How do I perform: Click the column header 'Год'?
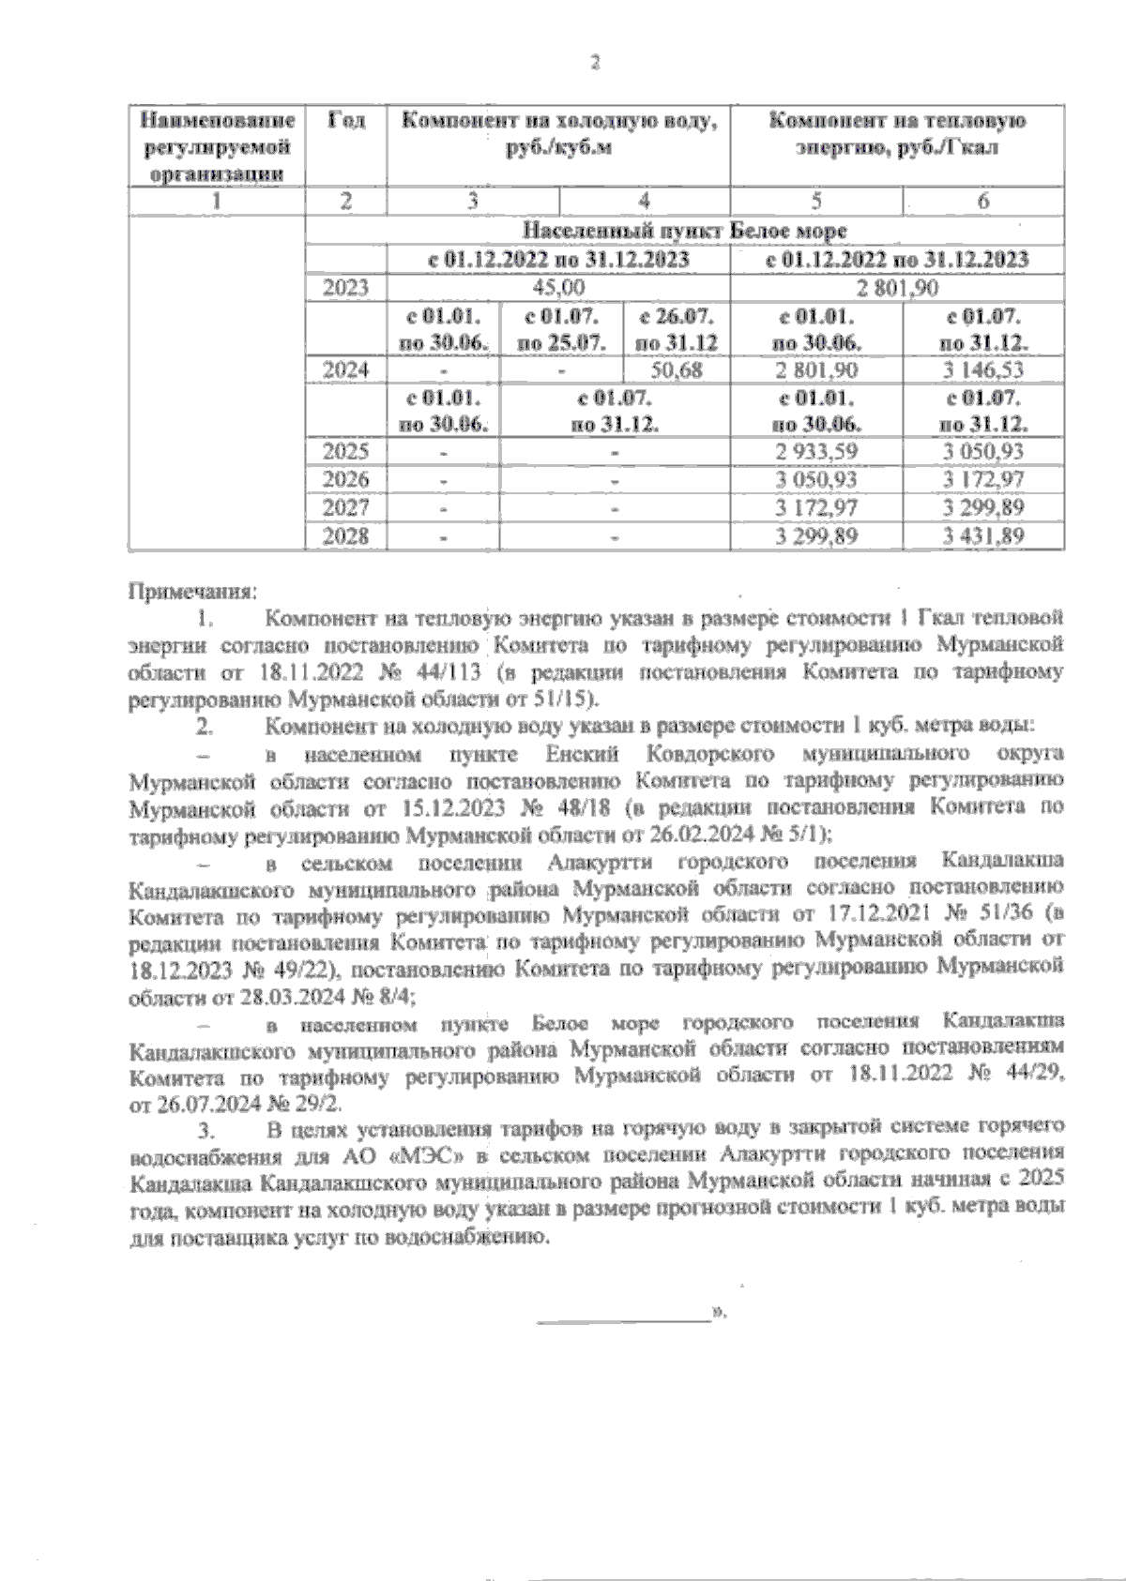346,122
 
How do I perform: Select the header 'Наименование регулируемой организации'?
218,146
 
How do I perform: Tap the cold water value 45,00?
558,288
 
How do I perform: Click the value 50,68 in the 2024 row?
677,370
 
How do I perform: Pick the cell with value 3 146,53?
983,370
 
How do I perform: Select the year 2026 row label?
346,480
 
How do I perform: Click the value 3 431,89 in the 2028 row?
983,537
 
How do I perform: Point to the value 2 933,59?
815,452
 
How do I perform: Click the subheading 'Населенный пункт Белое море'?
685,231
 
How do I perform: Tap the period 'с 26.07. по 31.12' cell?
677,329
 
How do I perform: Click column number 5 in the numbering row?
816,202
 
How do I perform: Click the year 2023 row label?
346,288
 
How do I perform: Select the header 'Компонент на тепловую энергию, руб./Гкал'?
897,134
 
